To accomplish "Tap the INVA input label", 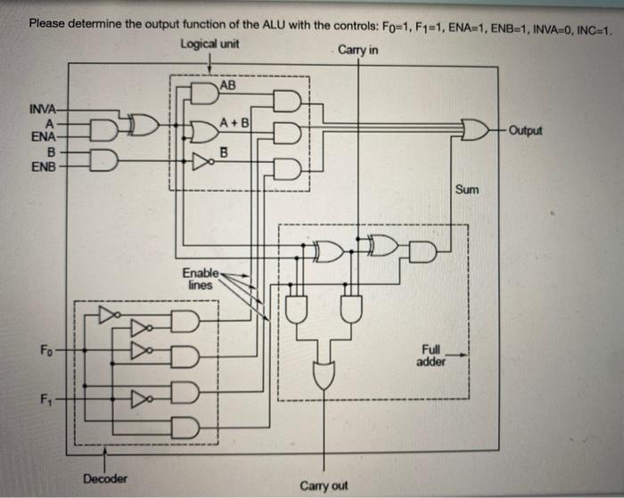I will click(x=42, y=110).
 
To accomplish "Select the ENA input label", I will click(x=42, y=136).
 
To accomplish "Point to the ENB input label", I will click(x=41, y=167).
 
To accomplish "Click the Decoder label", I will click(x=104, y=478).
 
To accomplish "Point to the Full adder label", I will click(x=431, y=355).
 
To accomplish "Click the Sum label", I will click(x=467, y=190).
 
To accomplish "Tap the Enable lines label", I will click(x=199, y=278).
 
